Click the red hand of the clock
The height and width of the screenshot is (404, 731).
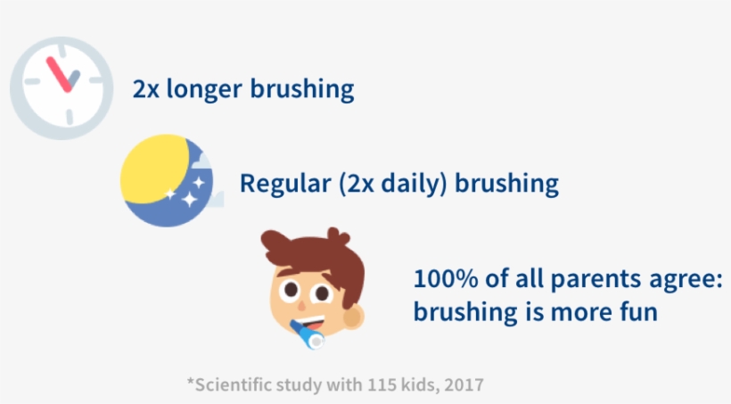point(59,74)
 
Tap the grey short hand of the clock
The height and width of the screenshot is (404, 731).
point(73,78)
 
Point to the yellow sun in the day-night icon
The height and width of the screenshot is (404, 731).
point(155,169)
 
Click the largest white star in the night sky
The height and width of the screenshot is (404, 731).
point(189,199)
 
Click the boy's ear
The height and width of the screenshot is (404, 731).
point(353,317)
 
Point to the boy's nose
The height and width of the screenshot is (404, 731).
point(301,306)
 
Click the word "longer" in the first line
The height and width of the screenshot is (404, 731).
point(204,89)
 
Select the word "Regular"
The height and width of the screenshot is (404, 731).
point(285,184)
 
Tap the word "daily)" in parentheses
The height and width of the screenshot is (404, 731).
point(414,184)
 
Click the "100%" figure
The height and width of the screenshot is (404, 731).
point(446,279)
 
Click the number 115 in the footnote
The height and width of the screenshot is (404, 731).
point(382,385)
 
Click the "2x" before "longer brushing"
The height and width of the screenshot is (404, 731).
point(146,88)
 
